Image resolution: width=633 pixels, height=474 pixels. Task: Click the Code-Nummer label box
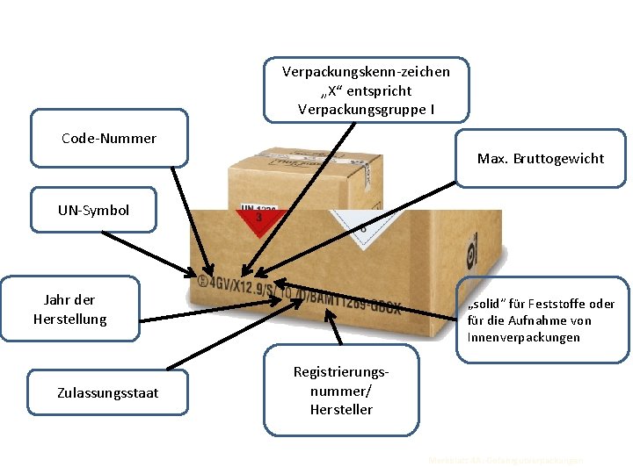[x=109, y=138]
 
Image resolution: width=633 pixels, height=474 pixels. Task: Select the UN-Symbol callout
[x=93, y=210]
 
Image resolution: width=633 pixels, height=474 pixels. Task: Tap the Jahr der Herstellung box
[x=70, y=309]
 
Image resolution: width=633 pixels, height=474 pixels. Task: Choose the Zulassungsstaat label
[x=108, y=392]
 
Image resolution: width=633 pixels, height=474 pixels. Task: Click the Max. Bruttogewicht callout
[x=541, y=158]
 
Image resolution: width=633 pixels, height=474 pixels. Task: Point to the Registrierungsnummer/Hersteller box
[x=341, y=391]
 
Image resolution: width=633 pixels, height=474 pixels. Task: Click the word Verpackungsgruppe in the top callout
[x=353, y=110]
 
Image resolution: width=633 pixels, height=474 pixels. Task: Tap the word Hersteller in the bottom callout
[x=341, y=409]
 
